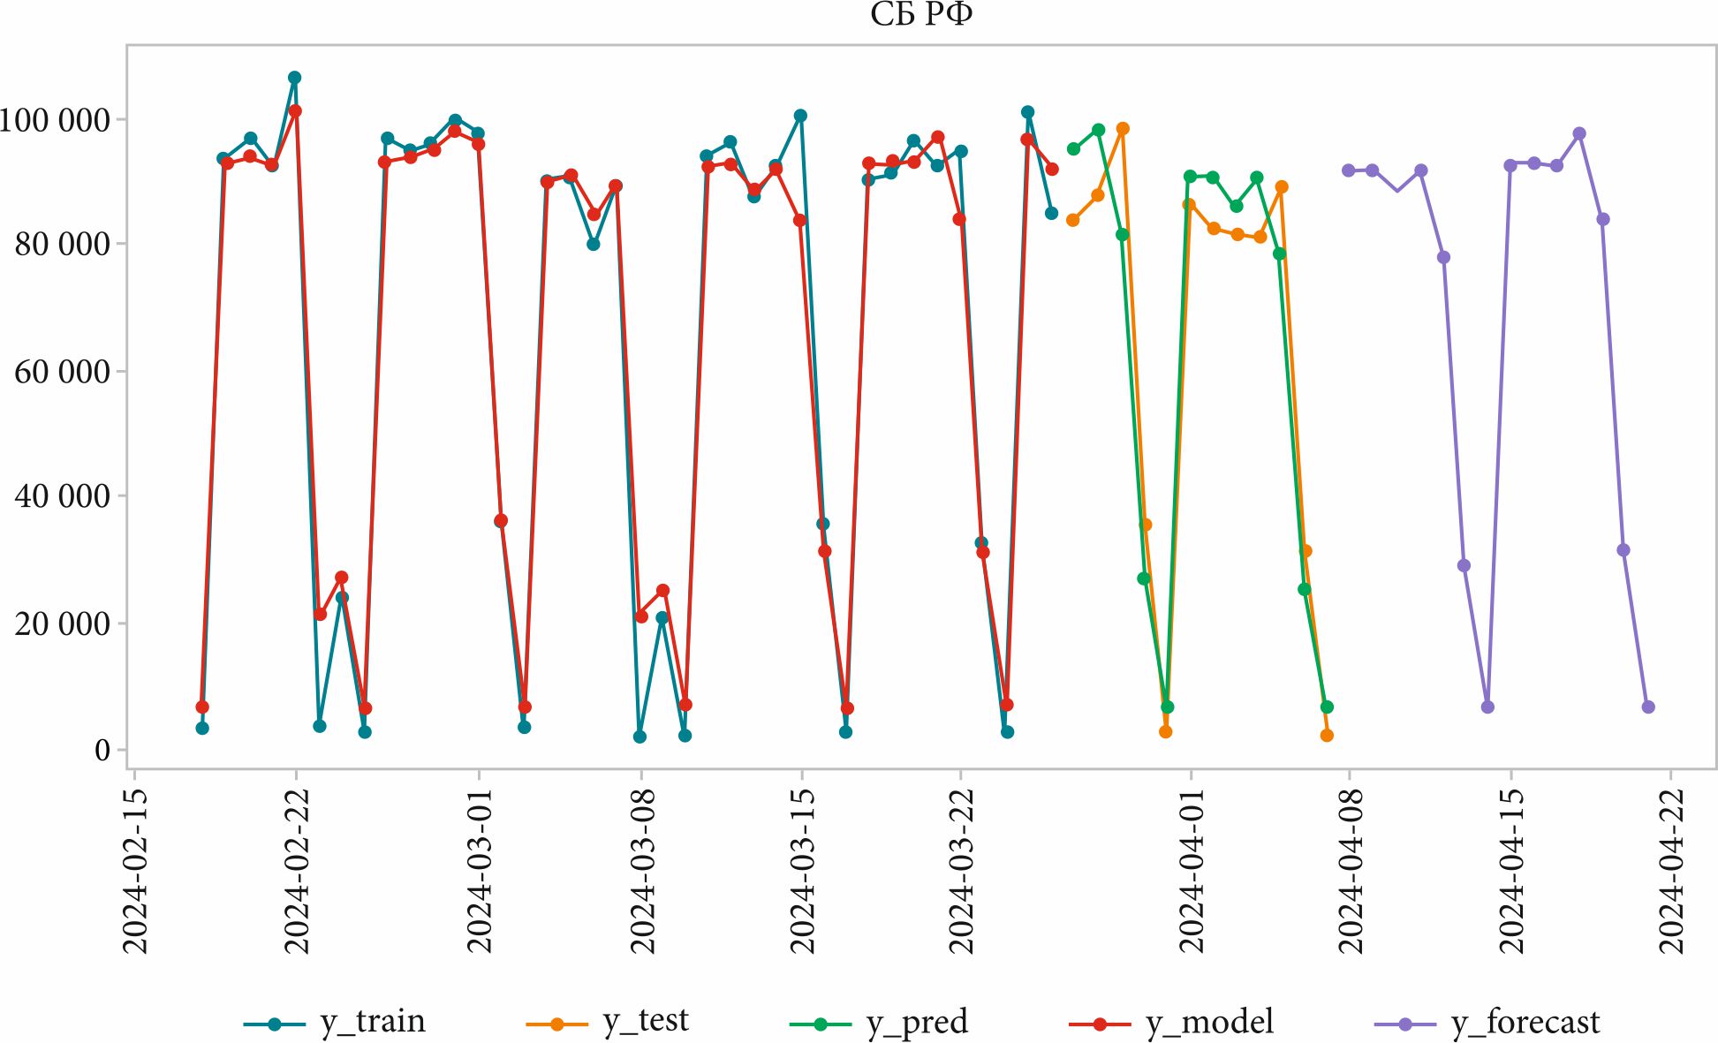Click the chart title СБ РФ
[920, 15]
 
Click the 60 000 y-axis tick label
[62, 372]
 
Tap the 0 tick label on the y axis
[102, 750]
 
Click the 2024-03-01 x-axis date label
[479, 870]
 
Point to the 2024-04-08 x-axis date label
[1351, 870]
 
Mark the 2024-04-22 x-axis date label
[1671, 870]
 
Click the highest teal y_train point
[295, 78]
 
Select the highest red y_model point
[295, 111]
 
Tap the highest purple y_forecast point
[1579, 134]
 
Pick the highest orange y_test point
[1123, 129]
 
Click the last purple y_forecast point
[1648, 707]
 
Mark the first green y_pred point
[1073, 149]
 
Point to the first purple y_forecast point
[1349, 170]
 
